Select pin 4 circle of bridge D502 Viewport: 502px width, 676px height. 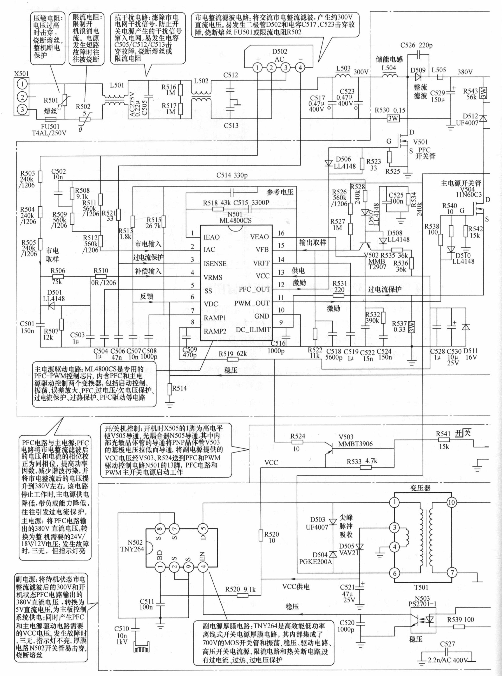pos(300,67)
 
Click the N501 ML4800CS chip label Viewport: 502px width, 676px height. pos(235,217)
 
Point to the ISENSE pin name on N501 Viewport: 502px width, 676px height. pos(215,263)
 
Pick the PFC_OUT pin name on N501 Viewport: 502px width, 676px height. pos(254,289)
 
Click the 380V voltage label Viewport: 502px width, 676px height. pos(465,72)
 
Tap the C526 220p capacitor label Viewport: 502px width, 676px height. pos(416,45)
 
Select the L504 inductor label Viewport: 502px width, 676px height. pos(389,68)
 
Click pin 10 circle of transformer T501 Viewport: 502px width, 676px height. pos(451,502)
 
